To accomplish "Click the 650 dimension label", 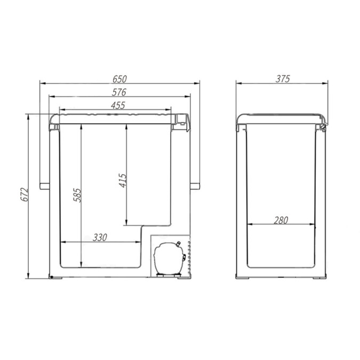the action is click(x=119, y=79).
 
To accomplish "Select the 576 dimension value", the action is click(x=119, y=92).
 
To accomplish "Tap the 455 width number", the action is click(x=118, y=106).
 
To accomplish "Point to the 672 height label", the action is click(x=24, y=195).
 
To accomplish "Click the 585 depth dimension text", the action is click(x=77, y=195).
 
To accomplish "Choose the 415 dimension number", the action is click(x=123, y=180).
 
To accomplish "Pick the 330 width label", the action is click(x=100, y=237).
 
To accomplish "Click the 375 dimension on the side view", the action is click(x=283, y=79).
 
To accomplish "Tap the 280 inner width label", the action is click(x=281, y=220).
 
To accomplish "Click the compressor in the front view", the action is click(x=169, y=259).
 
